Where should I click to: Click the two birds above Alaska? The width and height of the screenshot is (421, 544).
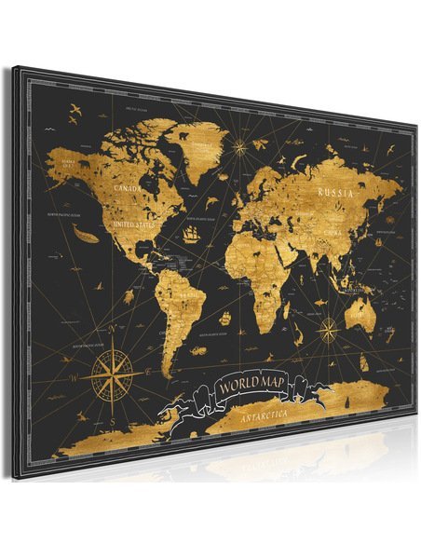75,113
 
